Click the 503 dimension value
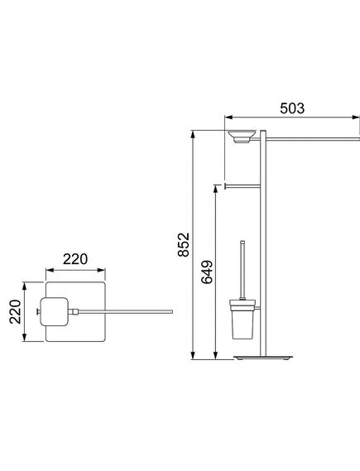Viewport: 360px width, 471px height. pyautogui.click(x=292, y=108)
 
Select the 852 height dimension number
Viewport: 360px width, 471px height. pyautogui.click(x=184, y=244)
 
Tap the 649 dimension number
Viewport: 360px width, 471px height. pyautogui.click(x=207, y=272)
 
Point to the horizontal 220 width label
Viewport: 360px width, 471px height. pyautogui.click(x=75, y=259)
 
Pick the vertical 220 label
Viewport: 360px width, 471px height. pyautogui.click(x=16, y=312)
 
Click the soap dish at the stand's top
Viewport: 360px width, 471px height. pyautogui.click(x=242, y=137)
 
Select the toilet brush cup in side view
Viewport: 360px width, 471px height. pyautogui.click(x=242, y=319)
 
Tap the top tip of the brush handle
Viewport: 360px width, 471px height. pyautogui.click(x=242, y=241)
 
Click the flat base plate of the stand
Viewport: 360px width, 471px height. pyautogui.click(x=263, y=358)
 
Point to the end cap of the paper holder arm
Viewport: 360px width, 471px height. pyautogui.click(x=225, y=186)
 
